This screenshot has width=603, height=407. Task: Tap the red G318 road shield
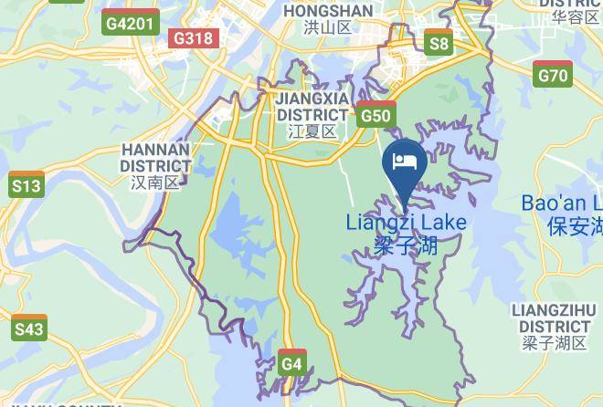[x=193, y=37]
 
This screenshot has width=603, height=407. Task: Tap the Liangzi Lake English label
[x=406, y=223]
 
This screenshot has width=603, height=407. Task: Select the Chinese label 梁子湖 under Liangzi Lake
[x=406, y=245]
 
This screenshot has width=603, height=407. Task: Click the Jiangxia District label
[x=312, y=107]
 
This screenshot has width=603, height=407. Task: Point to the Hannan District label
[x=155, y=157]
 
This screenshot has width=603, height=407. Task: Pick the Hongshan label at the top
[x=328, y=10]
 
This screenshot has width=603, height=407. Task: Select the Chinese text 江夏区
[x=312, y=131]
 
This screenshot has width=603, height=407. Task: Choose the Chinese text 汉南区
[x=155, y=183]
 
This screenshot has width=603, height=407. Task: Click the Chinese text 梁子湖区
[x=555, y=343]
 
